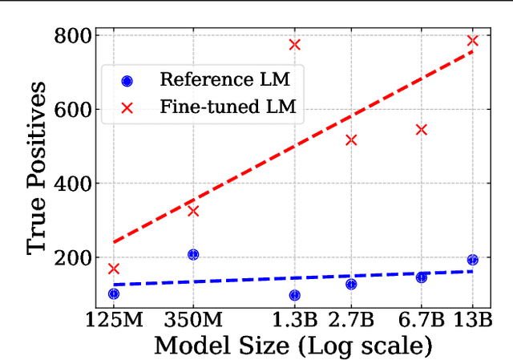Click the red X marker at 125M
[113, 269]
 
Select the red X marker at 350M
[193, 211]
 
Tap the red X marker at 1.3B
[294, 45]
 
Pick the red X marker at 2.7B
[351, 140]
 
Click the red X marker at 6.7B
[422, 129]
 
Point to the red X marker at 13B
[472, 41]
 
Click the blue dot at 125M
[113, 294]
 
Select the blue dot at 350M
[193, 255]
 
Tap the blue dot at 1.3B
[294, 295]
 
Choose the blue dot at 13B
[472, 260]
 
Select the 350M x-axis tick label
[193, 319]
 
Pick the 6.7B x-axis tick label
[422, 319]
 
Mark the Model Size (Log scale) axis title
[293, 346]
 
